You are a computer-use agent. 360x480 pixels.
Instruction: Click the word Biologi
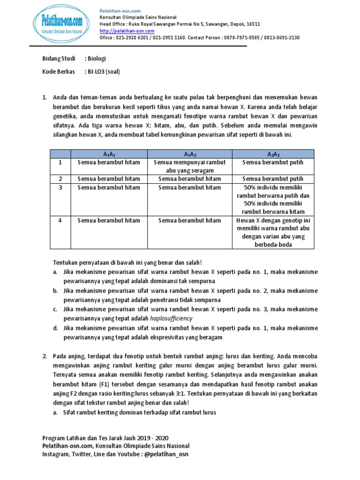pyautogui.click(x=95, y=59)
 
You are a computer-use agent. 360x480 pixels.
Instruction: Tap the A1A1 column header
pyautogui.click(x=109, y=154)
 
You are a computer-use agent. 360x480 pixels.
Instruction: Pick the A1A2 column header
pyautogui.click(x=189, y=154)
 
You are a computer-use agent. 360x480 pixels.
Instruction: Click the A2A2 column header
pyautogui.click(x=273, y=154)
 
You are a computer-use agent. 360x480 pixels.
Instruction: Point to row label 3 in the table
pyautogui.click(x=60, y=187)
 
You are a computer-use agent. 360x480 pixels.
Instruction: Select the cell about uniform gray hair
pyautogui.click(x=189, y=166)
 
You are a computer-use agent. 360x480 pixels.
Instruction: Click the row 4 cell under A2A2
pyautogui.click(x=273, y=232)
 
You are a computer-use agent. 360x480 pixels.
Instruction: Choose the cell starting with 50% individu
pyautogui.click(x=273, y=199)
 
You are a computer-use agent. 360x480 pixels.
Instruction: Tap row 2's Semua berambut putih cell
pyautogui.click(x=273, y=179)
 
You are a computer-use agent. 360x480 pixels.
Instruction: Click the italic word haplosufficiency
pyautogui.click(x=171, y=318)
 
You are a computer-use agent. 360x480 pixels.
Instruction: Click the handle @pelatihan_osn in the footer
pyautogui.click(x=165, y=454)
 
